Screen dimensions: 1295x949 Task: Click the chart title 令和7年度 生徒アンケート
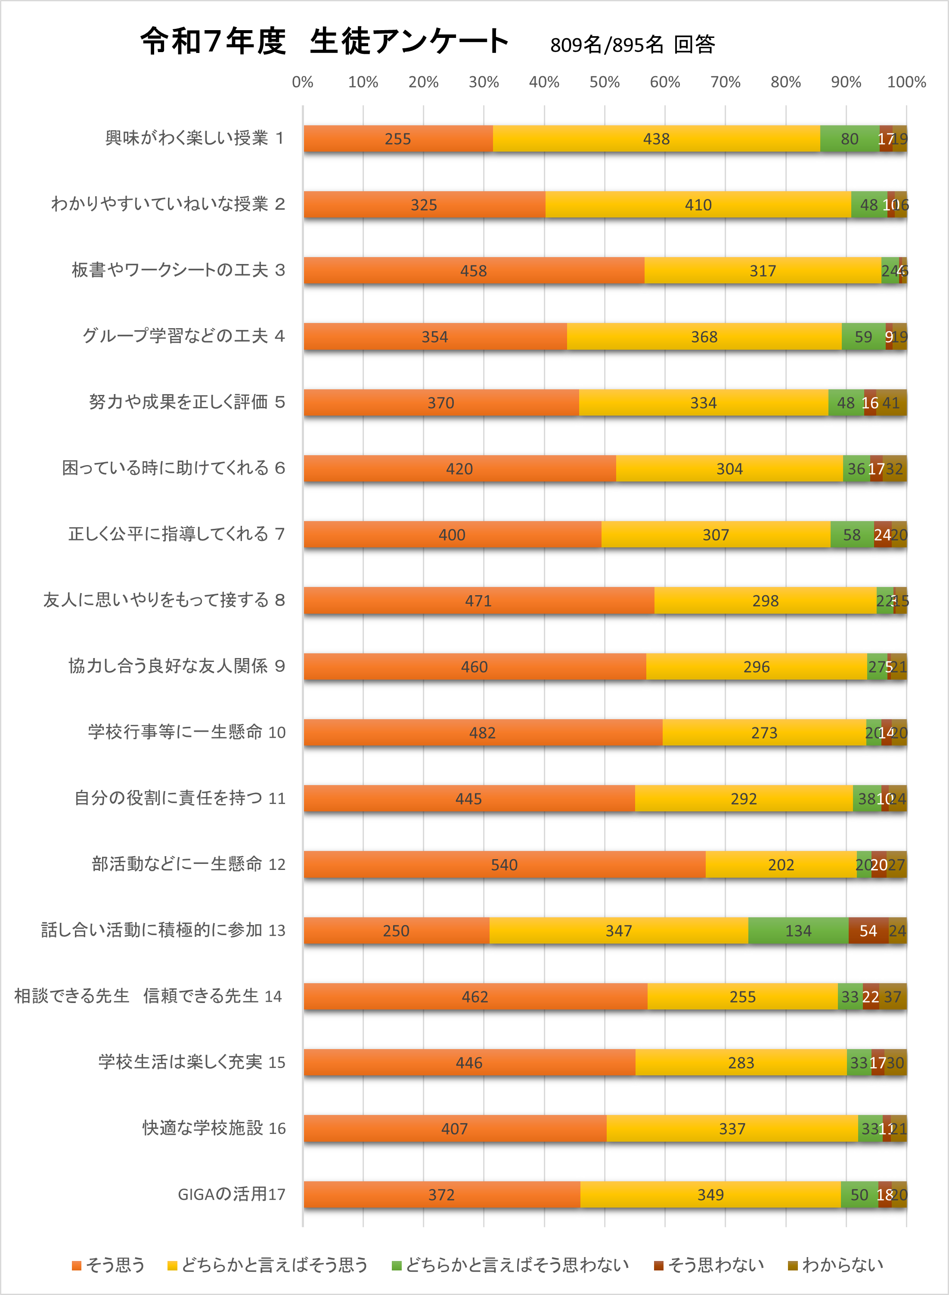[325, 41]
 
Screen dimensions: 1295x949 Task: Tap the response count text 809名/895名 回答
[632, 45]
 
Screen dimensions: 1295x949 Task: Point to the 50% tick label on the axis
[605, 82]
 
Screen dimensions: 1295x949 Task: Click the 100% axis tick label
[906, 82]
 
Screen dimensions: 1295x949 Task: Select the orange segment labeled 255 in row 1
[397, 139]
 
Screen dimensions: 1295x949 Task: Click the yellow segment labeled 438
[656, 139]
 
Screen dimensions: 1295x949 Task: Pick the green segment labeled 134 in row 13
[798, 930]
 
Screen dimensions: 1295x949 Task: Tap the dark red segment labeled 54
[868, 930]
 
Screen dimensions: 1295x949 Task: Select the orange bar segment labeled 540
[504, 864]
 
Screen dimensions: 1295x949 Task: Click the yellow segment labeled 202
[781, 864]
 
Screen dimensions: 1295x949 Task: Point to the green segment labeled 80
[849, 139]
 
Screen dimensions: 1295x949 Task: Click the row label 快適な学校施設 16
[214, 1128]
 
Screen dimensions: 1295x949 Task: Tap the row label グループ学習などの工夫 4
[183, 335]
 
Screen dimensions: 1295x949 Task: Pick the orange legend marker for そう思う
[76, 1265]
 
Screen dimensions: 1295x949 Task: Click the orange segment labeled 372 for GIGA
[441, 1195]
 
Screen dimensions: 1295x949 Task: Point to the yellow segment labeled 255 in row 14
[742, 996]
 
